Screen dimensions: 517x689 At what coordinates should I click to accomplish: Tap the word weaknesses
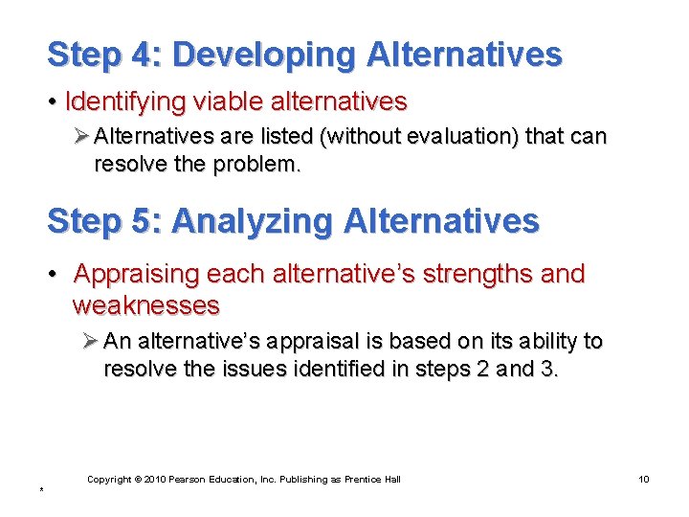145,305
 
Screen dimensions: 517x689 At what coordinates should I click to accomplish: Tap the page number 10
643,479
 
